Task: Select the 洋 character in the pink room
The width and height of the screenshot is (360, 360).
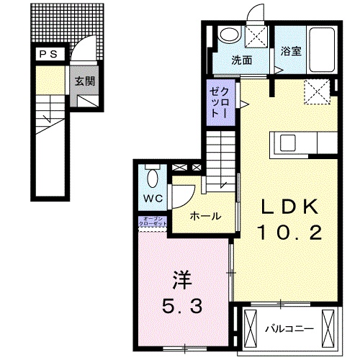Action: point(181,277)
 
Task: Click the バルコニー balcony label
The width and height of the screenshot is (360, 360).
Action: point(288,328)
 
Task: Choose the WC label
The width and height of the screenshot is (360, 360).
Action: point(152,197)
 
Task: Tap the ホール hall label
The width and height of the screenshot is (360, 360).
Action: point(205,216)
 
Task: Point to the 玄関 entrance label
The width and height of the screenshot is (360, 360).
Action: point(84,81)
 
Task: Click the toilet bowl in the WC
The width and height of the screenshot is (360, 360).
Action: point(153,175)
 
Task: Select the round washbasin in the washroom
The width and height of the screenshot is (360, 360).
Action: point(230,35)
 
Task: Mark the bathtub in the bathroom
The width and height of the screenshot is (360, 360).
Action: point(323,49)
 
